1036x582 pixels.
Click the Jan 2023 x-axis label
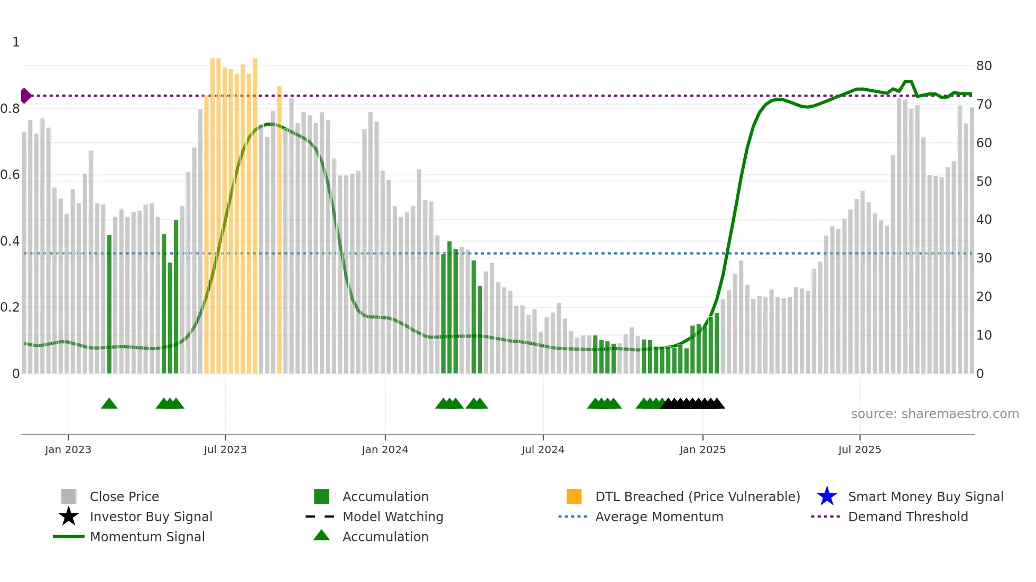click(68, 449)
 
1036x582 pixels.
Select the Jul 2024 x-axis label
click(543, 449)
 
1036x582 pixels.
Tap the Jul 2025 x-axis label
click(859, 449)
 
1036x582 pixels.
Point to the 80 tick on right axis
click(984, 66)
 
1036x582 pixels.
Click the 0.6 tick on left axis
click(10, 175)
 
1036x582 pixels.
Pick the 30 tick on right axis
click(984, 258)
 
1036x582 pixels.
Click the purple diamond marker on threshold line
click(25, 96)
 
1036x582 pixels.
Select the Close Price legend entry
click(124, 496)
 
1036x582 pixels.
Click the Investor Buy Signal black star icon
click(69, 517)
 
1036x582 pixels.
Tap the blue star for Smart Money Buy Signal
click(827, 496)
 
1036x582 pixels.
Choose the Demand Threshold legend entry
click(908, 517)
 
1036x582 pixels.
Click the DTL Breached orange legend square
click(574, 496)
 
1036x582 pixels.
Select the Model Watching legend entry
click(393, 517)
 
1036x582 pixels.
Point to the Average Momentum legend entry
click(659, 517)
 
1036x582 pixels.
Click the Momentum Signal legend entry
click(147, 537)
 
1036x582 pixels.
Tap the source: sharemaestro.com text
click(935, 414)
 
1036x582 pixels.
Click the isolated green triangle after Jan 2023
click(109, 404)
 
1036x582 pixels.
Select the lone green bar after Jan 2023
click(109, 304)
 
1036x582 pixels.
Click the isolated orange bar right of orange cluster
click(280, 230)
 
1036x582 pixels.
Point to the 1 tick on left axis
click(16, 42)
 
